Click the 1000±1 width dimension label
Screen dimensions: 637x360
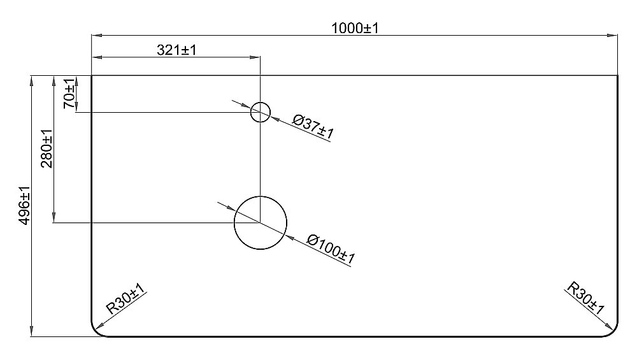355,28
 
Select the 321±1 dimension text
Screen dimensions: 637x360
176,50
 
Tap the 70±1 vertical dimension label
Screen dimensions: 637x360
69,94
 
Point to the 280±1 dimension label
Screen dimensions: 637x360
47,148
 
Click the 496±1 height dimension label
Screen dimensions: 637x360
25,205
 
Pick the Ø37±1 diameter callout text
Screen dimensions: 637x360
313,126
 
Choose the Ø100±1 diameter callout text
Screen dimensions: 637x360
331,249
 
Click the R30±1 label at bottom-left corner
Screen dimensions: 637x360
125,299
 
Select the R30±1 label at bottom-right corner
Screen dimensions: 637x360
585,298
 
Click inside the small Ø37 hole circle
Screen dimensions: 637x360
261,112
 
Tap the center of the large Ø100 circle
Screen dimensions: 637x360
261,222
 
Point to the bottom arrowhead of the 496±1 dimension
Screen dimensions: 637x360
31,331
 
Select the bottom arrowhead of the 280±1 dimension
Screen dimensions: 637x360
54,217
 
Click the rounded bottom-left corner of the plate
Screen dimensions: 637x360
96,333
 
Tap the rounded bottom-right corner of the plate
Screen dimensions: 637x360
613,333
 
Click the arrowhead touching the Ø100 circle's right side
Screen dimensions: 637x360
289,237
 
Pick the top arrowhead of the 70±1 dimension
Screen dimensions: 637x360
76,81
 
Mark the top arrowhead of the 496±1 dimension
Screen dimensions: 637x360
31,81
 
